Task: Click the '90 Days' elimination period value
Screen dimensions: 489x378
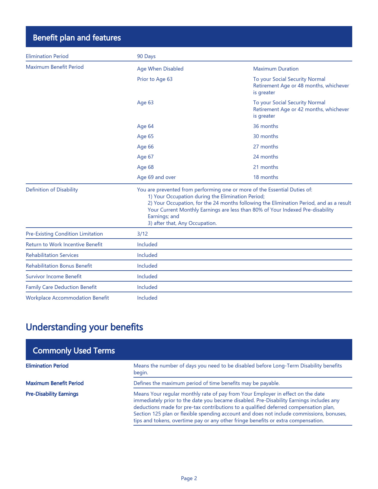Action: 146,56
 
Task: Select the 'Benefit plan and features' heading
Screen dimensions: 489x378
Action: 77,38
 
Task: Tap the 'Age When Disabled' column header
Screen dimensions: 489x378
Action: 160,69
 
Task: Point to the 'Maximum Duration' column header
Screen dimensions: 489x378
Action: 276,69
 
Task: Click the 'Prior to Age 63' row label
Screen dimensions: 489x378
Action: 154,79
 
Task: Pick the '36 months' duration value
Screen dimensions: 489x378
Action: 266,126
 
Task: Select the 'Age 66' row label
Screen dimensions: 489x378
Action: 145,147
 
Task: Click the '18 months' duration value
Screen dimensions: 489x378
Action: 266,177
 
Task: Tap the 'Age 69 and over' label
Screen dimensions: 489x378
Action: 156,177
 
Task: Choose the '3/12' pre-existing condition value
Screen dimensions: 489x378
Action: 142,234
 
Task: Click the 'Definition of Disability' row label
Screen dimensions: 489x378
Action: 52,190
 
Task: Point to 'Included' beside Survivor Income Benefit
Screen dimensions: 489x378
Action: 147,277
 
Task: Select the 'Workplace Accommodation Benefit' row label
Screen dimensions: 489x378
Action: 67,298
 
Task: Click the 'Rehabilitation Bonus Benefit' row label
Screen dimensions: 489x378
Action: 59,266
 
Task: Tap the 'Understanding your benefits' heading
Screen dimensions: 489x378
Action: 84,327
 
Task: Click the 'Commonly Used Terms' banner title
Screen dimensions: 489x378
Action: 74,351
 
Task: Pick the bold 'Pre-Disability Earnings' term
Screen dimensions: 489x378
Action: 52,394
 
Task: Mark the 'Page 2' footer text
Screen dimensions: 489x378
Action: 189,478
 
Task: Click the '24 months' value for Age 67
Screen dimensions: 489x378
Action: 266,157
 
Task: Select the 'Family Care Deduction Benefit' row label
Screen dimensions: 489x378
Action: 61,287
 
